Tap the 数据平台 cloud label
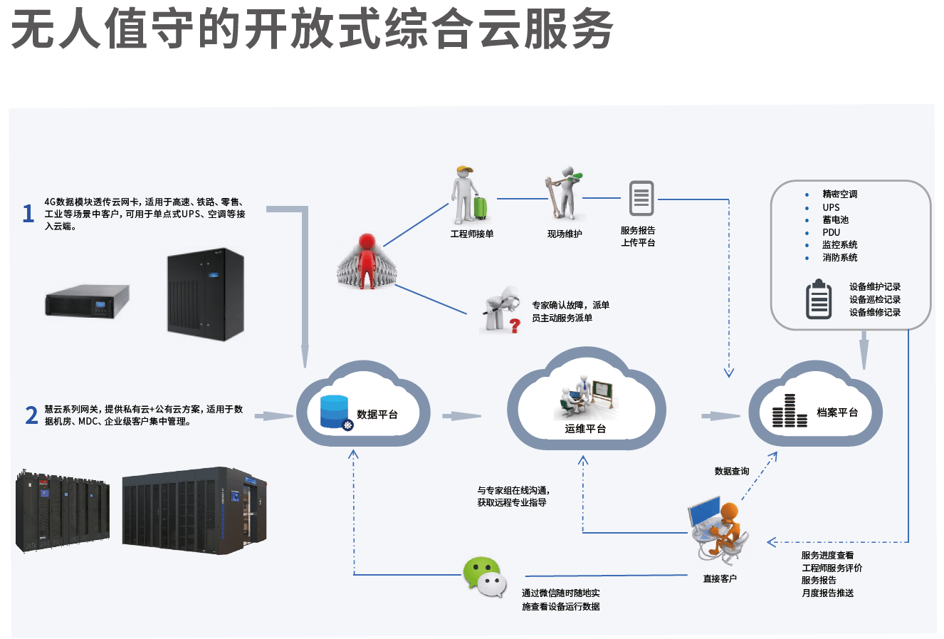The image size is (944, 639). [377, 415]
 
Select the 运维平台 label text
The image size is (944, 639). [585, 429]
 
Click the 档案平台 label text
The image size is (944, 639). [837, 412]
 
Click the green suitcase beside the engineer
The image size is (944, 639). [481, 207]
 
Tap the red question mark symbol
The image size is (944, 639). [515, 326]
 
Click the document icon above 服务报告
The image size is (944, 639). [641, 198]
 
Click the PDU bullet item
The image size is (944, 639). [831, 232]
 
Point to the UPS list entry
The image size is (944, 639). [831, 207]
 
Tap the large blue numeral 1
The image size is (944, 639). [28, 213]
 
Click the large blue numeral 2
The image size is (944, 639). [31, 415]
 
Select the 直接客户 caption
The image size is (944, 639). [720, 578]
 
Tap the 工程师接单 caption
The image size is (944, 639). [471, 234]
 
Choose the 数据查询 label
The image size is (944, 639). [732, 471]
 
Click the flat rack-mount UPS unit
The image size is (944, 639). [87, 300]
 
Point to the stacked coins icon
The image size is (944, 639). [790, 412]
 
